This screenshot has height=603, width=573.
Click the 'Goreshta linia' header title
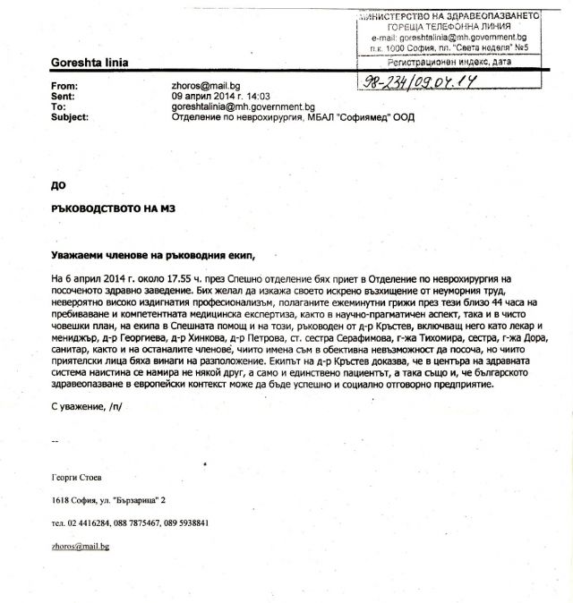90,63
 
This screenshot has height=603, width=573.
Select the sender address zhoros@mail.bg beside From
208,84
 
